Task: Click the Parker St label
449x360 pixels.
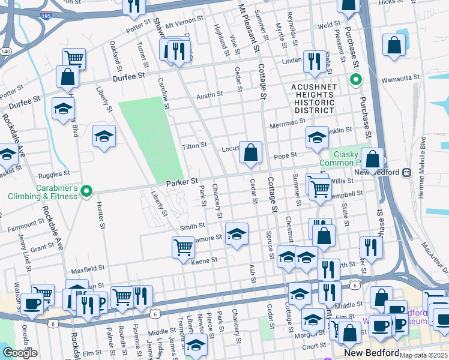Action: point(182,181)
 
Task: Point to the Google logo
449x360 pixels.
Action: point(20,353)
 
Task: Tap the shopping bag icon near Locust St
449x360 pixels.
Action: point(250,153)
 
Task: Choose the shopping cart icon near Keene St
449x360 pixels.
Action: point(183,247)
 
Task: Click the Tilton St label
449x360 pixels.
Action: point(194,145)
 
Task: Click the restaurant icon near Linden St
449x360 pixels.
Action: point(314,62)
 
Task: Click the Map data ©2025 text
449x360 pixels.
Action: point(423,355)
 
